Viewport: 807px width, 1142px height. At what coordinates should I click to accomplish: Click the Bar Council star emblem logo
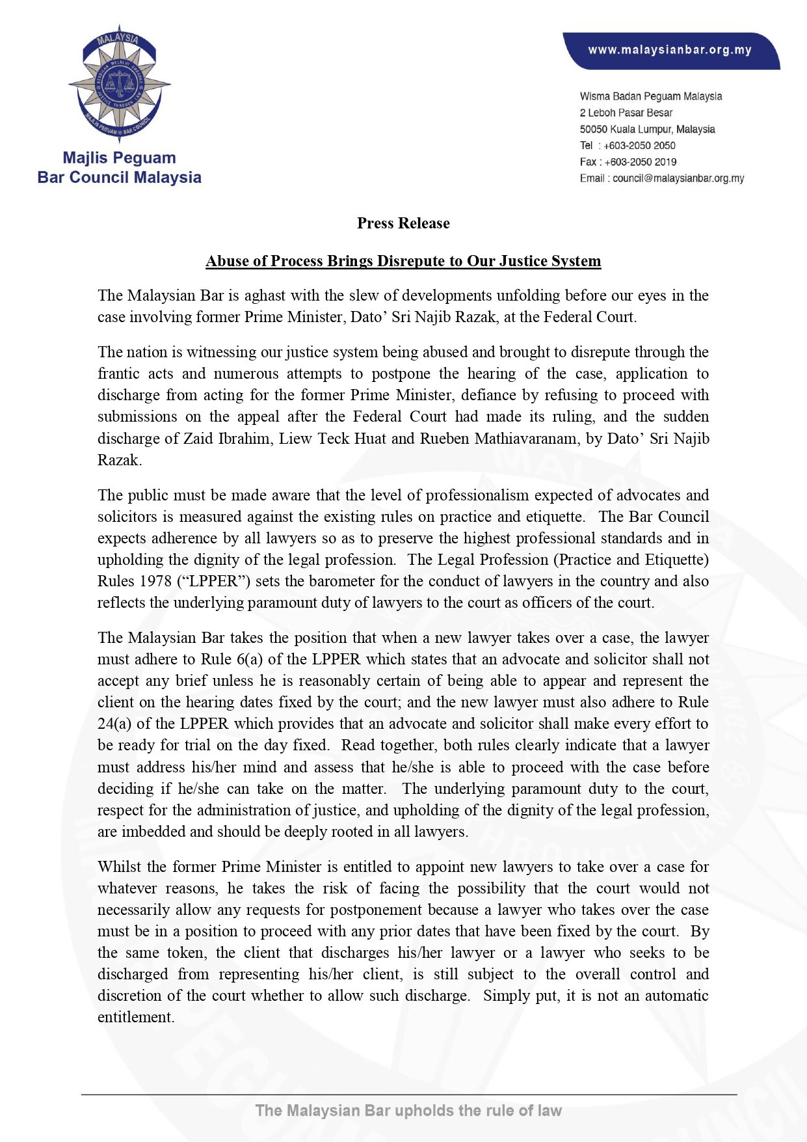pos(119,83)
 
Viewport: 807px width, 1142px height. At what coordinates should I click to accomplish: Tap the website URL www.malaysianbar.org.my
pos(669,50)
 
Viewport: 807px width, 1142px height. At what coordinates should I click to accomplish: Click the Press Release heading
pos(403,223)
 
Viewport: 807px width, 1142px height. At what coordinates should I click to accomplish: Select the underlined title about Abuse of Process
pos(403,261)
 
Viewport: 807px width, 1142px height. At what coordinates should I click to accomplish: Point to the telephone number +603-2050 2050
pos(639,146)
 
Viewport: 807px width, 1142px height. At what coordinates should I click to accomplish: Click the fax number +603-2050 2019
pos(640,162)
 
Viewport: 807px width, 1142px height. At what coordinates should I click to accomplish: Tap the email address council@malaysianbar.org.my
pos(678,178)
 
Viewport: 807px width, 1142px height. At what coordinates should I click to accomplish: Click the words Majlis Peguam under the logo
pos(119,158)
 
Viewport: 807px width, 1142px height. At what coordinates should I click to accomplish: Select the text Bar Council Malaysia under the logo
pos(119,178)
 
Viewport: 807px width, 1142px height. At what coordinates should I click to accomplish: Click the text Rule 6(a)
pos(232,659)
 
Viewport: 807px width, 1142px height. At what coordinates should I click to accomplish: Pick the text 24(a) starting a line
pos(114,723)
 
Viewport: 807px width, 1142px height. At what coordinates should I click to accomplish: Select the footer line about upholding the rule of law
pos(408,1110)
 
